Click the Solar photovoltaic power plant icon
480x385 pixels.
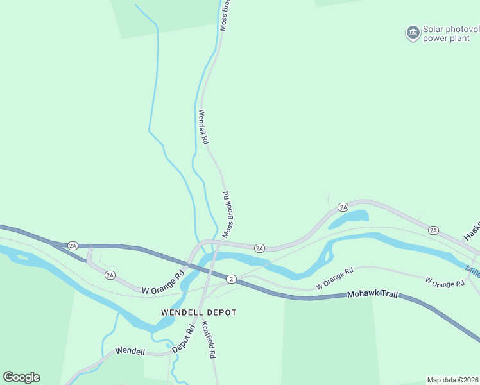pos(413,32)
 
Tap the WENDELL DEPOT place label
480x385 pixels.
pos(198,312)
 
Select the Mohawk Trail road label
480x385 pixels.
pos(372,295)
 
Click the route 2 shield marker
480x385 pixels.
pos(231,278)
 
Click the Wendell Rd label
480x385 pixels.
pos(203,126)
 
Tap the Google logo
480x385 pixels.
pos(21,377)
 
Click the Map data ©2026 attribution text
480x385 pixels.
pos(453,380)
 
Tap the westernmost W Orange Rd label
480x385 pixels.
pos(163,282)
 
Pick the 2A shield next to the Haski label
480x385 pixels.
pos(433,230)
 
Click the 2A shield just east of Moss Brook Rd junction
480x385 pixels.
pos(259,248)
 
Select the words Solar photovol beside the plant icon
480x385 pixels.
pos(451,30)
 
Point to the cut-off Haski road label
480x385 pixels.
pos(472,232)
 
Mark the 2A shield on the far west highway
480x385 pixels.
pos(73,245)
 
